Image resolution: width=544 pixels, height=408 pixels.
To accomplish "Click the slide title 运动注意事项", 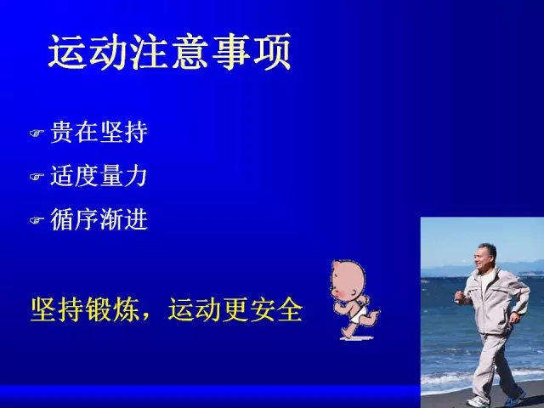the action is pos(169,52).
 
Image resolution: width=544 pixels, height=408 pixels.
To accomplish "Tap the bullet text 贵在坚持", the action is pos(99,133).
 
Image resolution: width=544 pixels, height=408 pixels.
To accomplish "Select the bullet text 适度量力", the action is pos(99,176).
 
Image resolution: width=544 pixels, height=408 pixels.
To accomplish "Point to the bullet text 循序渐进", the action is pos(99,219).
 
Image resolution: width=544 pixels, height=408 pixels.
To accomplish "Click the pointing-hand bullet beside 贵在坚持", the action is pos(37,133).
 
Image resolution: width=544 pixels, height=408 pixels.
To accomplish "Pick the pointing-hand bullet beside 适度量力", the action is pos(37,177).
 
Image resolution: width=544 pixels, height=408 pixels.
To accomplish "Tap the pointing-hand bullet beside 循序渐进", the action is pos(37,220).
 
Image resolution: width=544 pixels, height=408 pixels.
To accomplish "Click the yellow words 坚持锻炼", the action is pos(85,309).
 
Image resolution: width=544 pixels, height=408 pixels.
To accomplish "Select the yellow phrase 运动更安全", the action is pos(235,309).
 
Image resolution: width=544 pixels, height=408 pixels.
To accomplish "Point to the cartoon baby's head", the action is pos(348,280).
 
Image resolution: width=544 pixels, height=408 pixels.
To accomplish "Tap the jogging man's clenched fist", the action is pos(459,297).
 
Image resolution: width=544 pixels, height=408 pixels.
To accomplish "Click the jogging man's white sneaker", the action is pos(478,402).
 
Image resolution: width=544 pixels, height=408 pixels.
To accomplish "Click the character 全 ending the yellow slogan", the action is pos(290,309).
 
